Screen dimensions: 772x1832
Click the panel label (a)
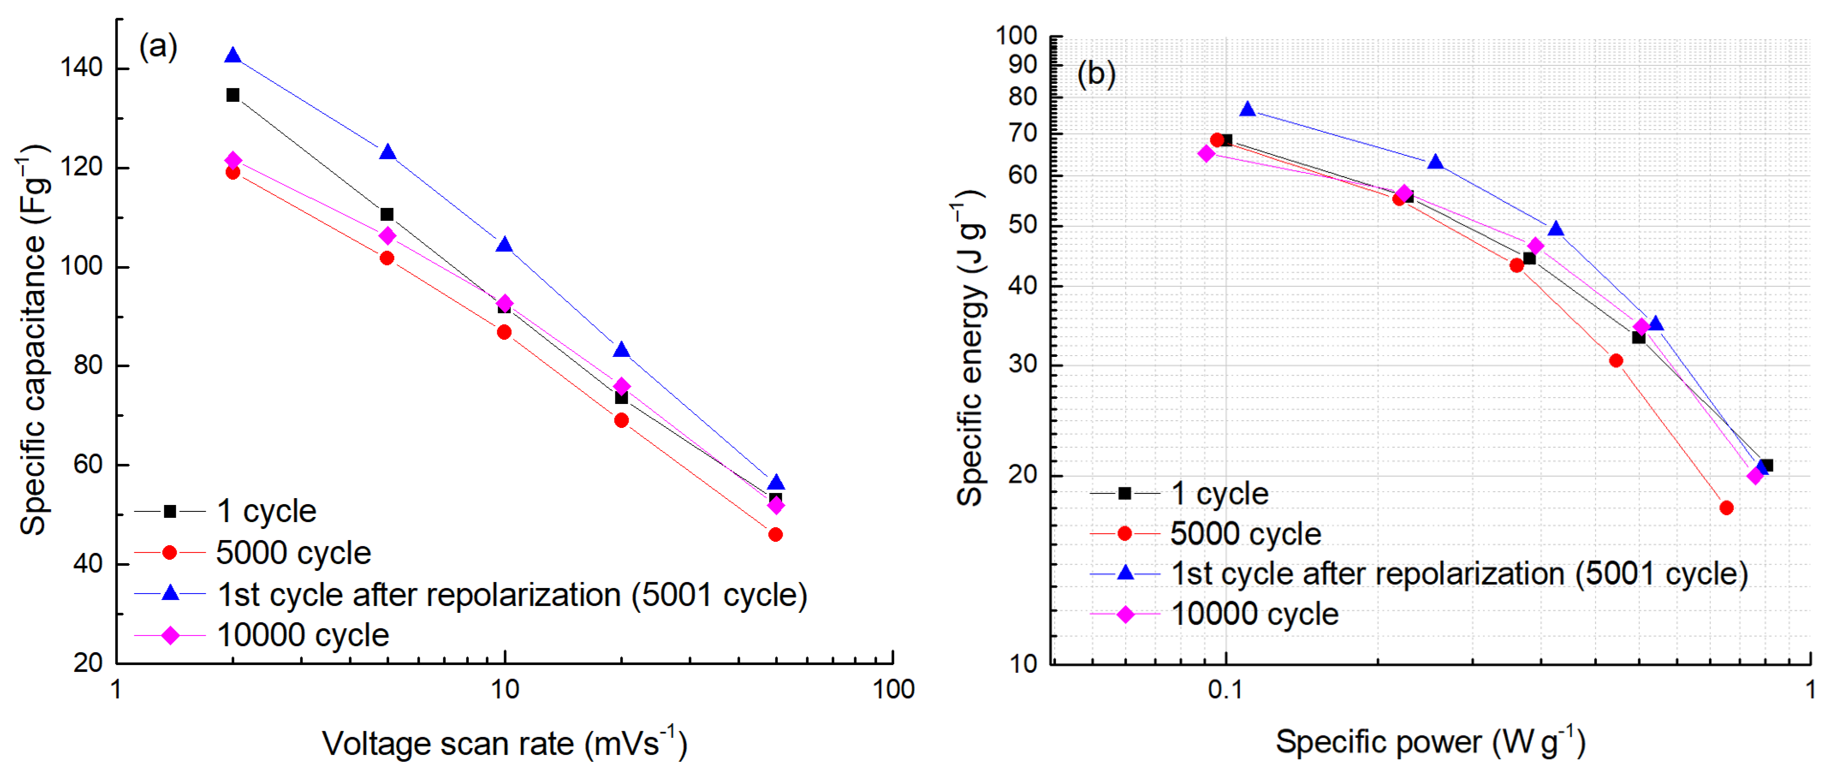[x=158, y=47]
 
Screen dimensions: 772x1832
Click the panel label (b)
[x=1096, y=74]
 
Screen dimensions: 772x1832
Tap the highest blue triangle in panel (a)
[x=232, y=56]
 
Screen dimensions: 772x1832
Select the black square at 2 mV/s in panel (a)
[x=232, y=95]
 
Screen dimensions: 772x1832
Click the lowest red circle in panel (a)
[x=775, y=534]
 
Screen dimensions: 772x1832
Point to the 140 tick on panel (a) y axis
[x=82, y=68]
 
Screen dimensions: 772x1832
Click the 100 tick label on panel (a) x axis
[x=893, y=689]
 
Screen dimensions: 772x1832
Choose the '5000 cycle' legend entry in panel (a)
[x=293, y=553]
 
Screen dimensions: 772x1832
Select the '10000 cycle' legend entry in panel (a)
[x=302, y=635]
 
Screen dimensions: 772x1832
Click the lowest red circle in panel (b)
[x=1726, y=508]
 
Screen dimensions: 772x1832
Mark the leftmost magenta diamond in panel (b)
[x=1206, y=154]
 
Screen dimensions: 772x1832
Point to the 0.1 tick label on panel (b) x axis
[x=1225, y=689]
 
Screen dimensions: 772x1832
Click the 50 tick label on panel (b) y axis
[x=1023, y=226]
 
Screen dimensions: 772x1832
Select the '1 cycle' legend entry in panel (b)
[x=1219, y=494]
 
